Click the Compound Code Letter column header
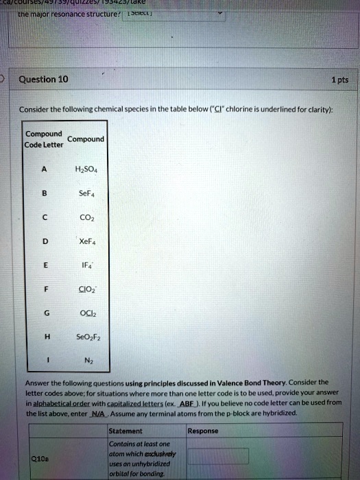(x=43, y=139)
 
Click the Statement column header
(x=125, y=431)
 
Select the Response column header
(x=202, y=431)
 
